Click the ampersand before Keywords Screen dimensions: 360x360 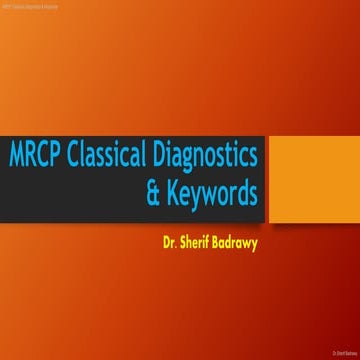153,191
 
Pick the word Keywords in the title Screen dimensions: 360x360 212,191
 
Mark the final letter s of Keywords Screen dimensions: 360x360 253,193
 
